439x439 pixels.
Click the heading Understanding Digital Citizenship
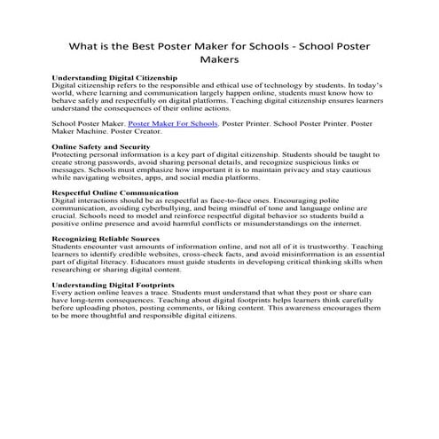click(114, 78)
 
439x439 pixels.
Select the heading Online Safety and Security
click(101, 145)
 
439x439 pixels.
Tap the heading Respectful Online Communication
click(115, 192)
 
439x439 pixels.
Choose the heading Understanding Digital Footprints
click(113, 284)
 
